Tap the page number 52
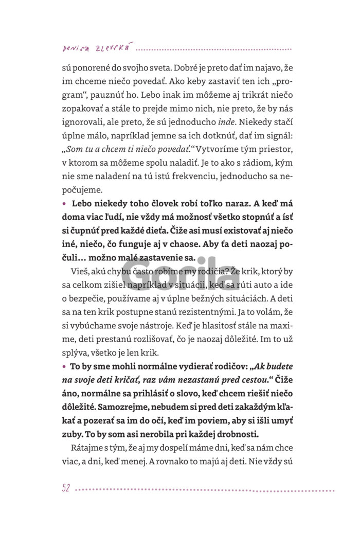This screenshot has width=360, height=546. pos(65,488)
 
